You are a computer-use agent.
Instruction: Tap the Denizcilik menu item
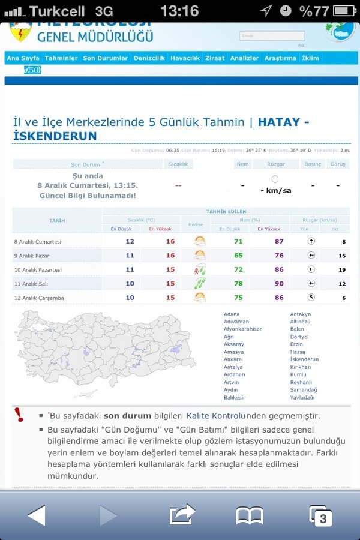tap(149, 58)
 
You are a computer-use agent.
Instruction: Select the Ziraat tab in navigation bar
tap(215, 58)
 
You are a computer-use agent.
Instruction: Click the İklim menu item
tap(311, 58)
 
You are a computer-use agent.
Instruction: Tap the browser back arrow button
tap(36, 515)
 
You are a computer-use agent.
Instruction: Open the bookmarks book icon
tap(250, 515)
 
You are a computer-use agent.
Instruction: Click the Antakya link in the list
tap(300, 314)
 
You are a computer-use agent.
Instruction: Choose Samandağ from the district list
tap(304, 389)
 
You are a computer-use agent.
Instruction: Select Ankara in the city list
tap(233, 359)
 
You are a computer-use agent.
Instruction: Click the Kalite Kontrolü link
tap(217, 415)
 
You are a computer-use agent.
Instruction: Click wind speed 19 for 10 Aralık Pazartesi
tap(342, 270)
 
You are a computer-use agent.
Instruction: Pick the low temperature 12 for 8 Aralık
tap(130, 241)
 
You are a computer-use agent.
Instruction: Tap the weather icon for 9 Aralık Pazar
tap(199, 256)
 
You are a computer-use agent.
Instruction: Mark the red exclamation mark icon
tap(20, 415)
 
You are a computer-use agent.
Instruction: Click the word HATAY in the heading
tap(278, 122)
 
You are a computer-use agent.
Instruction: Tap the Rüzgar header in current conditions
tap(276, 164)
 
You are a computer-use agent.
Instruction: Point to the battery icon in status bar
tap(343, 11)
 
